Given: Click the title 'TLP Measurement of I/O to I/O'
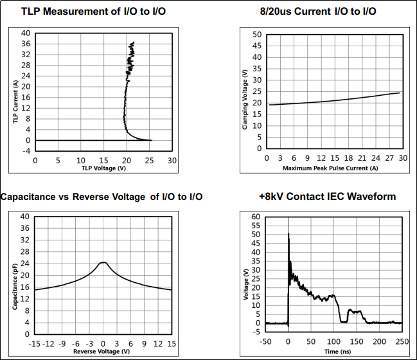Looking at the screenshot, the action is coord(93,12).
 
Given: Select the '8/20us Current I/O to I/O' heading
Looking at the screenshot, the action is coord(318,12).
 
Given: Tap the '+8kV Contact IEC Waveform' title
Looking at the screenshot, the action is coord(328,196).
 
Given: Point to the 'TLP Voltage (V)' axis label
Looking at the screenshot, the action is coord(103,168).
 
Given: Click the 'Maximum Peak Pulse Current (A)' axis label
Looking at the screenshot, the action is coord(330,168).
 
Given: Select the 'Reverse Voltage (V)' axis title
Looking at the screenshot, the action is coord(102,352).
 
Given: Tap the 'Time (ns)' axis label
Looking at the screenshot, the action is coord(337,352).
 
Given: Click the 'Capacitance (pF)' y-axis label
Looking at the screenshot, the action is coord(15,287).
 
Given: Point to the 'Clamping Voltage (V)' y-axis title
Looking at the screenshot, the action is coord(245,100).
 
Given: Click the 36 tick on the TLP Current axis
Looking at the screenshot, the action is coord(26,44).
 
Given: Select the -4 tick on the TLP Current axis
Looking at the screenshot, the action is coord(26,151).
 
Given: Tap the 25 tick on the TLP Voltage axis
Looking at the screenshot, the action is coord(149,161).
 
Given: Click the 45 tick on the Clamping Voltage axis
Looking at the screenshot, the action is coord(257,46).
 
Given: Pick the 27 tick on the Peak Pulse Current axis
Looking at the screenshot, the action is coord(389,158).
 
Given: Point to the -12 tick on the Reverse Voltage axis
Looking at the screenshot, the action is coord(48,344).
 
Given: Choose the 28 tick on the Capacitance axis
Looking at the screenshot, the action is coord(24,252).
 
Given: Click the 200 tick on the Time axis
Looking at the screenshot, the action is coord(379,341).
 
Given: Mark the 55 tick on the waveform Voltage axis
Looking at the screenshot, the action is coord(256,226).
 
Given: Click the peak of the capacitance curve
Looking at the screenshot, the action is coord(103,262).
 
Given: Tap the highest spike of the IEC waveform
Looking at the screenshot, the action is coord(288,233).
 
